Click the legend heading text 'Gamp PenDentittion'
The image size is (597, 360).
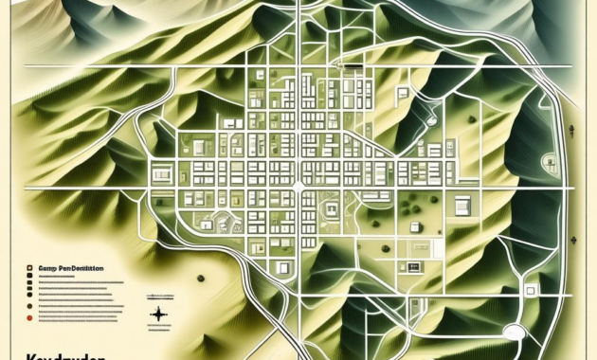point(65,268)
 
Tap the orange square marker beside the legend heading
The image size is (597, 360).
point(31,269)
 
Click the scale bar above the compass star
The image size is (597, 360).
point(159,296)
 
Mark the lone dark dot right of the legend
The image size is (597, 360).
point(201,278)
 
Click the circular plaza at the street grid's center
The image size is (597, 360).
point(298,187)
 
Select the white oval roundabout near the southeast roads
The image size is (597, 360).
point(514,333)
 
